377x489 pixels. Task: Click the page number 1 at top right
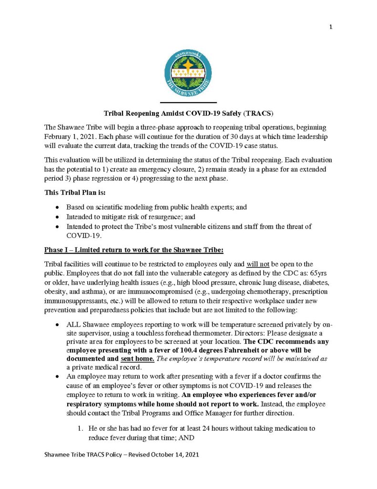[330, 27]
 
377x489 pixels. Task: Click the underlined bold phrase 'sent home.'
[138, 359]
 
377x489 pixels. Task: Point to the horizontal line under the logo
[188, 103]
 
